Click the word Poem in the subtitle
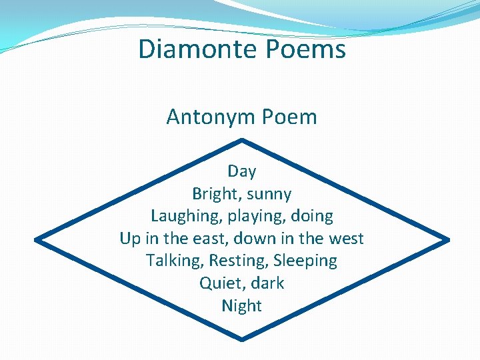point(289,117)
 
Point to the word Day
point(241,171)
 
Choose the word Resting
point(242,261)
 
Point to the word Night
point(241,306)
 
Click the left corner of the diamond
point(36,239)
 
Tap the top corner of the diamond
point(241,140)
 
